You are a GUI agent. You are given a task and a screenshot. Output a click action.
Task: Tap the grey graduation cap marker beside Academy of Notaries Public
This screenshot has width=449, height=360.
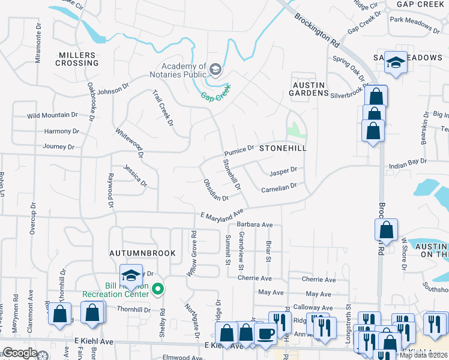pyautogui.click(x=214, y=71)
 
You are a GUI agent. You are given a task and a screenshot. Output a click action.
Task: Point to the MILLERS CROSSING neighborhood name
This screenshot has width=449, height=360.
pyautogui.click(x=77, y=59)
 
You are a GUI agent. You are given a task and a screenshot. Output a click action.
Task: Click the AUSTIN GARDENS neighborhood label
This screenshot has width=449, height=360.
pyautogui.click(x=310, y=89)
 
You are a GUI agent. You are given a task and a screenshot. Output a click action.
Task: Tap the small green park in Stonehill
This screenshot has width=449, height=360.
pyautogui.click(x=294, y=130)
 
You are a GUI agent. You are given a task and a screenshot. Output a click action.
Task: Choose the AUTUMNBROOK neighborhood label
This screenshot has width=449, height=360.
pyautogui.click(x=143, y=253)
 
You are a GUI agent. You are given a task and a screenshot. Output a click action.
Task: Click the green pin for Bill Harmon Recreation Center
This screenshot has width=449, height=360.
pyautogui.click(x=158, y=290)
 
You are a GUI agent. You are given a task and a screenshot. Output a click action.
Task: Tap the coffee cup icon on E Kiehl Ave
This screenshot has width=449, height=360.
pyautogui.click(x=264, y=334)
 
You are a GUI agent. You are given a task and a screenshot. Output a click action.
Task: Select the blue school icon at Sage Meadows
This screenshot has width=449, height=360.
pyautogui.click(x=396, y=62)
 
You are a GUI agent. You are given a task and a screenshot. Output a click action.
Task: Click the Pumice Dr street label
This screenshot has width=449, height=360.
pyautogui.click(x=240, y=148)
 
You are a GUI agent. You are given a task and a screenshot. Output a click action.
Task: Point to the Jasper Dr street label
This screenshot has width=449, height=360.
pyautogui.click(x=283, y=171)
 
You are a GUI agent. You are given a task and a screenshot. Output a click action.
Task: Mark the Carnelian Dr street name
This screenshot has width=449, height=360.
pyautogui.click(x=279, y=188)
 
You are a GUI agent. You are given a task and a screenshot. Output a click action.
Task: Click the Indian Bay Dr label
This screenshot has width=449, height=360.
pyautogui.click(x=408, y=161)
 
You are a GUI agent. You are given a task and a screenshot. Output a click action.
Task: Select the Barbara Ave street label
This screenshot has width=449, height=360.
pyautogui.click(x=254, y=225)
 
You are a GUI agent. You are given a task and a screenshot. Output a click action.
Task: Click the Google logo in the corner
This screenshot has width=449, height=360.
pyautogui.click(x=20, y=353)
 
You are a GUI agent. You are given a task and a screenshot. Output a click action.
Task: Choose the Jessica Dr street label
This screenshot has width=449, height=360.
pyautogui.click(x=136, y=175)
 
